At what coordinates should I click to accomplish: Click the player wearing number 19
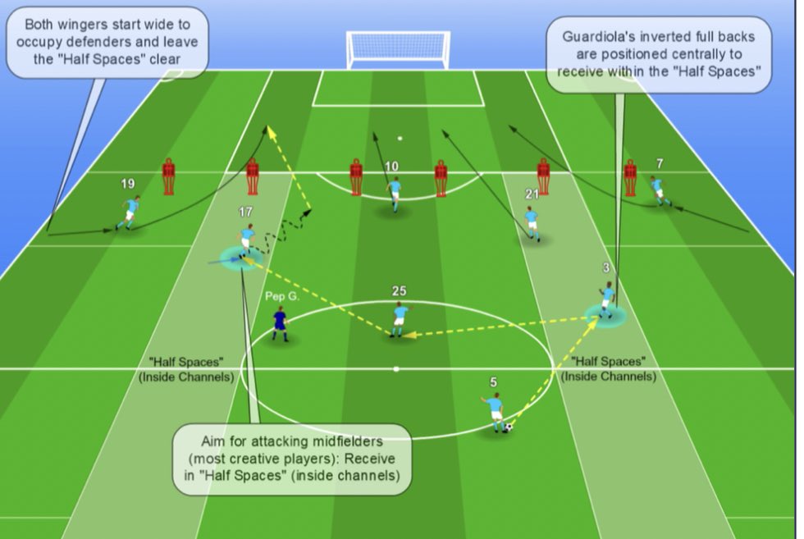click(130, 212)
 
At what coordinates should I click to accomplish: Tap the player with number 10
click(395, 194)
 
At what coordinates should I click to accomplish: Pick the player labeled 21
click(532, 222)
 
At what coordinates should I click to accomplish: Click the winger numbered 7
click(659, 191)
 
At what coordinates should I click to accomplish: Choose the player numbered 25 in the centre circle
click(400, 319)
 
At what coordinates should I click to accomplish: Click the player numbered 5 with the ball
click(494, 411)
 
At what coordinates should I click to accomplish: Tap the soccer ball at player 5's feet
click(509, 427)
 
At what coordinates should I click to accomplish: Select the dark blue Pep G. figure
click(282, 324)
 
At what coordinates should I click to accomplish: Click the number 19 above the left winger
click(128, 184)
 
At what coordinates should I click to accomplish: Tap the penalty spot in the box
click(400, 139)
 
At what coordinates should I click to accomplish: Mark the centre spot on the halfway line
click(397, 368)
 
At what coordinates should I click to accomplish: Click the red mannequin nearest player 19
click(168, 176)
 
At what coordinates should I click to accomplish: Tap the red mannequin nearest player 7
click(630, 177)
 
